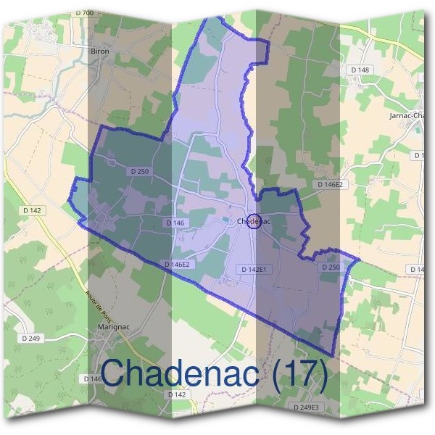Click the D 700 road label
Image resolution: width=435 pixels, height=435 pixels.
(x=84, y=13)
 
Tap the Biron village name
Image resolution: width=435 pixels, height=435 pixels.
(x=99, y=51)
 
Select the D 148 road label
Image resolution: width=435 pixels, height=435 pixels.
(x=360, y=70)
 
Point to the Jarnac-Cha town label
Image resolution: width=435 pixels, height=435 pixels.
(x=405, y=115)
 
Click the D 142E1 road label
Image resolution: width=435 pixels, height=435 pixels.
(x=254, y=269)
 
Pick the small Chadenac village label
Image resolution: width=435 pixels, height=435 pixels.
(x=254, y=222)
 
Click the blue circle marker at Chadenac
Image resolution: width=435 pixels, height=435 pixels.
(x=254, y=222)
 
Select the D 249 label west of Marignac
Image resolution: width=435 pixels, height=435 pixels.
(x=30, y=338)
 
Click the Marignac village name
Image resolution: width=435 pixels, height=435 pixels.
(x=112, y=327)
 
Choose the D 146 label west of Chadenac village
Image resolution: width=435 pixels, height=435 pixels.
(x=175, y=223)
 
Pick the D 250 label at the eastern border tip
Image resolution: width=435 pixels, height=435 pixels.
(x=330, y=267)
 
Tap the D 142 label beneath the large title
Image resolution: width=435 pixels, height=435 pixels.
(x=177, y=394)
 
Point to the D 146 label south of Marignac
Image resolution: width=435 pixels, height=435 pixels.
(x=93, y=378)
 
